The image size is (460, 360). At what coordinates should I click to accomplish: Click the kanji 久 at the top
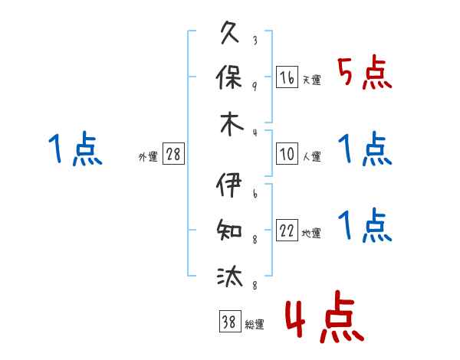pyautogui.click(x=230, y=32)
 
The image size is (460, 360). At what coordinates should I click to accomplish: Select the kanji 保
pyautogui.click(x=228, y=77)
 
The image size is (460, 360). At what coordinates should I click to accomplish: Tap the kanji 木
pyautogui.click(x=232, y=124)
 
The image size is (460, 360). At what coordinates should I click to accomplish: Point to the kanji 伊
pyautogui.click(x=228, y=185)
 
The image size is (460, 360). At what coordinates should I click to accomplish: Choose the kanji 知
pyautogui.click(x=229, y=230)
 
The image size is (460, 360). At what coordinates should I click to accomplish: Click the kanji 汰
pyautogui.click(x=230, y=277)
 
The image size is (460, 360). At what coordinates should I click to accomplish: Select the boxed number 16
pyautogui.click(x=287, y=77)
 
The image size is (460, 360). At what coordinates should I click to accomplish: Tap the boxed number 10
pyautogui.click(x=287, y=153)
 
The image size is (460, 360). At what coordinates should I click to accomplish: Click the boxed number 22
pyautogui.click(x=287, y=230)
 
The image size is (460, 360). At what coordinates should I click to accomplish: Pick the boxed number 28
pyautogui.click(x=173, y=153)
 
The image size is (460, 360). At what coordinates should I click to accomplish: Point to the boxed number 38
pyautogui.click(x=230, y=321)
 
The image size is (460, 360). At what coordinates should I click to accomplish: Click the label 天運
pyautogui.click(x=312, y=80)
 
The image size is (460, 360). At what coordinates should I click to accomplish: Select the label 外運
pyautogui.click(x=148, y=156)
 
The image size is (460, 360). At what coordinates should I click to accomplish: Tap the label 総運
pyautogui.click(x=255, y=324)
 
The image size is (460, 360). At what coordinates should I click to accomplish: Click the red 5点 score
pyautogui.click(x=365, y=72)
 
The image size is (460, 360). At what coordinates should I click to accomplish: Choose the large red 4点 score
pyautogui.click(x=325, y=316)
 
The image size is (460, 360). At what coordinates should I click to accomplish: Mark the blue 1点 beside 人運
pyautogui.click(x=365, y=149)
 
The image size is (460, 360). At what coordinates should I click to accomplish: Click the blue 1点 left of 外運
pyautogui.click(x=75, y=149)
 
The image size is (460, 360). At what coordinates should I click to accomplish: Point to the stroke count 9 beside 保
pyautogui.click(x=255, y=87)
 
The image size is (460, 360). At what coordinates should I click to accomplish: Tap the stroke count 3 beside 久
pyautogui.click(x=255, y=40)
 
